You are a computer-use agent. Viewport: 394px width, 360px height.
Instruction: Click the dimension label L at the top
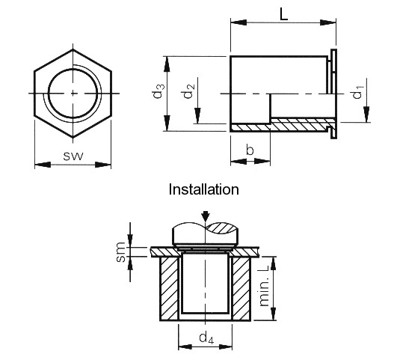pos(283,13)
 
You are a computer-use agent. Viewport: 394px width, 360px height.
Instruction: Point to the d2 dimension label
pos(191,92)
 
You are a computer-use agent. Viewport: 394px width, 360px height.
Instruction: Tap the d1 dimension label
pos(358,94)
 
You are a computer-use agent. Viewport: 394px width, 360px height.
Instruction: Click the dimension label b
pos(250,151)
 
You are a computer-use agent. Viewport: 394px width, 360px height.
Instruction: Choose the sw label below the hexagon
pos(73,156)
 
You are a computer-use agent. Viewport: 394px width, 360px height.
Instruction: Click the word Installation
pos(204,189)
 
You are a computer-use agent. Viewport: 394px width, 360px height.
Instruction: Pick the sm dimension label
pos(121,253)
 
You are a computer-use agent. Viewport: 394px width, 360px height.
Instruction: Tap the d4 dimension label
pos(204,338)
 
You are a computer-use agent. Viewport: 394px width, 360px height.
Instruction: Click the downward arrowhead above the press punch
pos(205,217)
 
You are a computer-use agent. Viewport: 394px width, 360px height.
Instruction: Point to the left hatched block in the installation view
pos(170,289)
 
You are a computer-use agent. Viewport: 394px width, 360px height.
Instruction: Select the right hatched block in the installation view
pos(239,289)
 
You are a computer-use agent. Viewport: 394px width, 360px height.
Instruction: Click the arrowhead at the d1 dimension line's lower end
pos(366,118)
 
